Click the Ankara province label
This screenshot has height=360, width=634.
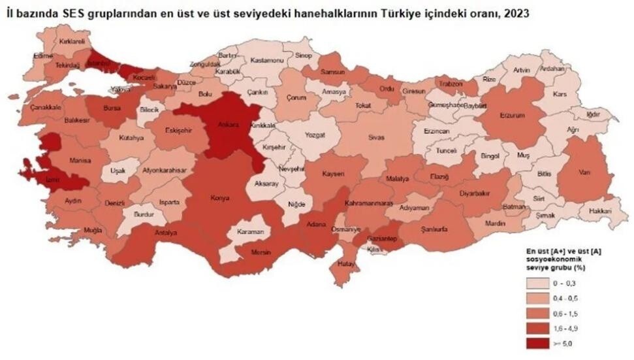pos(229,123)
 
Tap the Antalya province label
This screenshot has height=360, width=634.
pos(166,233)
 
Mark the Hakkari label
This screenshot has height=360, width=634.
pos(599,211)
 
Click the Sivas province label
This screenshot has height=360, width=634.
pos(378,139)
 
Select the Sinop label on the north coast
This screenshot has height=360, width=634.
pos(302,57)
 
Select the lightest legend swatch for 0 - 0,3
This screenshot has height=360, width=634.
pos(538,283)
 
